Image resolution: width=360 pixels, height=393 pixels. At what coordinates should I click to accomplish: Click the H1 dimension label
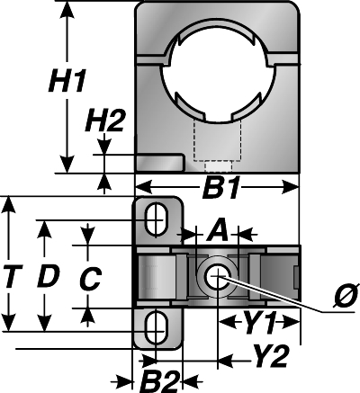[67, 81]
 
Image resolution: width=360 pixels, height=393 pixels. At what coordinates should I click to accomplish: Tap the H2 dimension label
[104, 121]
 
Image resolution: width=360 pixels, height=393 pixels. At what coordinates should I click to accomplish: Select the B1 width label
[221, 189]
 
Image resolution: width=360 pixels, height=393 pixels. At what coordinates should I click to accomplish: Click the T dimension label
[11, 276]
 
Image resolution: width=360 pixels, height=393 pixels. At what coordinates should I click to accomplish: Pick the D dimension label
[49, 276]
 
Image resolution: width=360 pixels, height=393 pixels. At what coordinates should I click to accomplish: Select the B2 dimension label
[161, 381]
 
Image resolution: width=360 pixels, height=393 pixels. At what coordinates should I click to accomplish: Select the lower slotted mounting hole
[156, 328]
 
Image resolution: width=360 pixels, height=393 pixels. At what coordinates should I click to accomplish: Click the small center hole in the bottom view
[218, 276]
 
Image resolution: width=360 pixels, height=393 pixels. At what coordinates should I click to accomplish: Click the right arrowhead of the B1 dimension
[291, 188]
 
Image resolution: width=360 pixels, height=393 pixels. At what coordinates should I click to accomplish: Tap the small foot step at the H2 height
[159, 163]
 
